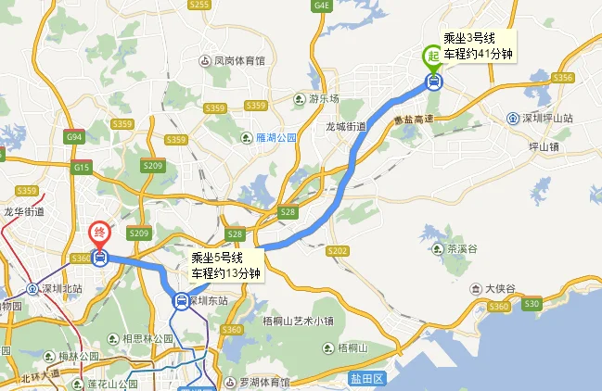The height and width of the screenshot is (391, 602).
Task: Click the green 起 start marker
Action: (x=433, y=57)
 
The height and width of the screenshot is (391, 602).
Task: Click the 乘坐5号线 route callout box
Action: (x=225, y=265)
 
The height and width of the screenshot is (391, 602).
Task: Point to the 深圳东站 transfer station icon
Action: (x=181, y=300)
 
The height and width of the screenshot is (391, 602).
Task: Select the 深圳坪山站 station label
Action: (x=553, y=118)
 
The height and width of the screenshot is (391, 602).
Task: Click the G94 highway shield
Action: (x=74, y=137)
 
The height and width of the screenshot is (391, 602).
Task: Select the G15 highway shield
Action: (x=82, y=168)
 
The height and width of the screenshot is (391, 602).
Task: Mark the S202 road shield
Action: (x=338, y=250)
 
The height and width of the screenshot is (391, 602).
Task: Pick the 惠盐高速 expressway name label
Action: (x=414, y=120)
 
